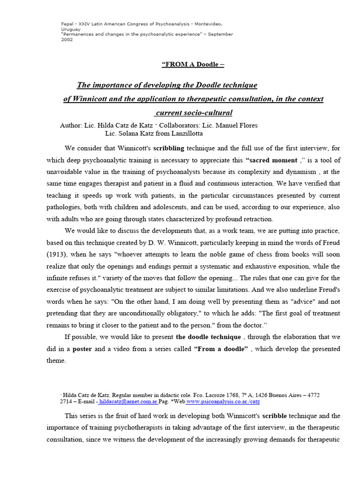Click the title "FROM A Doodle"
[193, 64]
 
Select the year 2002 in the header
[67, 40]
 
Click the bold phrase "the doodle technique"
[209, 337]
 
